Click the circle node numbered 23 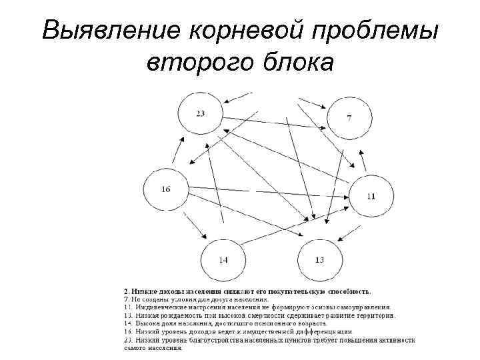point(199,115)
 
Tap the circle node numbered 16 point(165,189)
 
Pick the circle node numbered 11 point(371,196)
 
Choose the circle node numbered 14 point(223,259)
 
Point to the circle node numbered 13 point(319,259)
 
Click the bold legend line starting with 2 point(248,291)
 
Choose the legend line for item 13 point(259,315)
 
